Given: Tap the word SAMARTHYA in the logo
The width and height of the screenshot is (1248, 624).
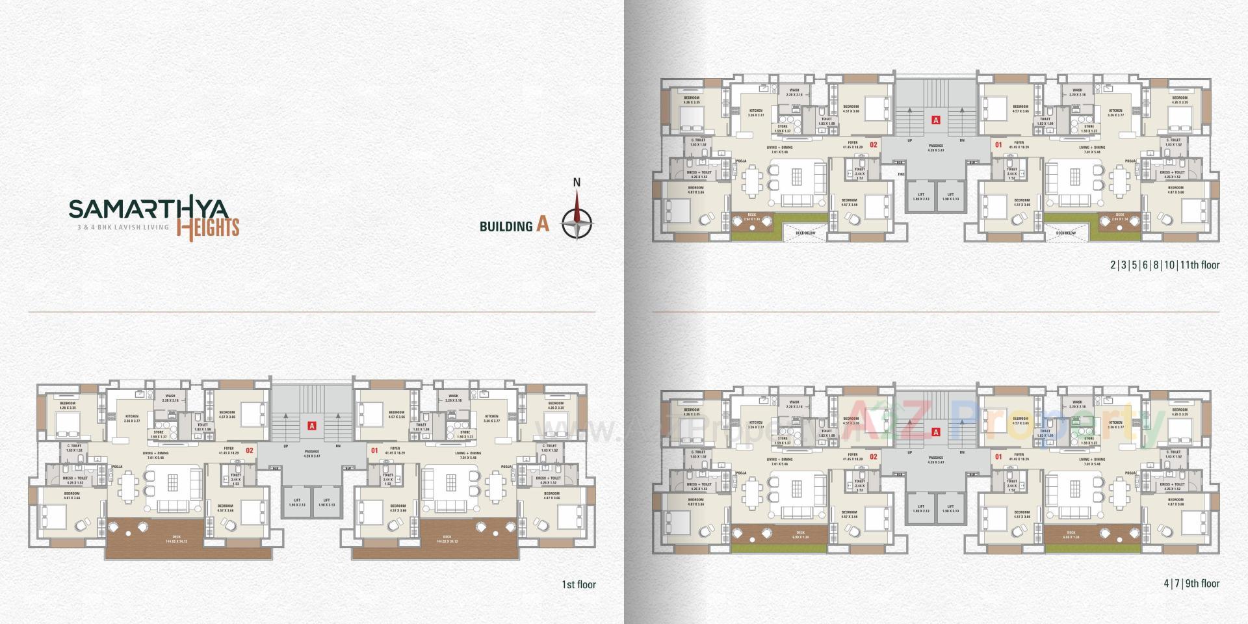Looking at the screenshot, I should click(x=148, y=209).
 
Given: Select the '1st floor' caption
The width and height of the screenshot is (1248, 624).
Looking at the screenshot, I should click(x=578, y=584).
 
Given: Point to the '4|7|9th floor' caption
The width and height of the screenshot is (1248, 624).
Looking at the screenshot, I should click(x=1191, y=583).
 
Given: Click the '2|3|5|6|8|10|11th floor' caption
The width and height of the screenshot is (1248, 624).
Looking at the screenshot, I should click(x=1165, y=265).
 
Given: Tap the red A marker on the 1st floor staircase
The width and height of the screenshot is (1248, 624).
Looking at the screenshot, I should click(x=312, y=426).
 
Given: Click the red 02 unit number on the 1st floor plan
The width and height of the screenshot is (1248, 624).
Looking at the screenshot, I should click(x=250, y=449).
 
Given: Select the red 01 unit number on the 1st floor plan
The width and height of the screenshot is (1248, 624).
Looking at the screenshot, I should click(x=374, y=449).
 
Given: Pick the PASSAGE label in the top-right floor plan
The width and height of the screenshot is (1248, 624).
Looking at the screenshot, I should click(x=935, y=148).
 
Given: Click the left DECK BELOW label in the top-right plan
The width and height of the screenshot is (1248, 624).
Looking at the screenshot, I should click(x=805, y=232).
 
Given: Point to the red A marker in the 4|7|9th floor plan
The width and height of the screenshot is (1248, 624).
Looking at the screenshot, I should click(x=936, y=432).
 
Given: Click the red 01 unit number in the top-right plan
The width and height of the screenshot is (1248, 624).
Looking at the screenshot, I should click(x=998, y=144).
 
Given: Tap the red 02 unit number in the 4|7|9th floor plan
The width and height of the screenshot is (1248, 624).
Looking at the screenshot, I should click(x=874, y=456).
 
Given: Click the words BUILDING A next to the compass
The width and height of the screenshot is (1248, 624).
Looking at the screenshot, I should click(x=514, y=226).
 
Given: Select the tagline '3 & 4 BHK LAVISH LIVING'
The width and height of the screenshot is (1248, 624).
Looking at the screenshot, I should click(x=119, y=227).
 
